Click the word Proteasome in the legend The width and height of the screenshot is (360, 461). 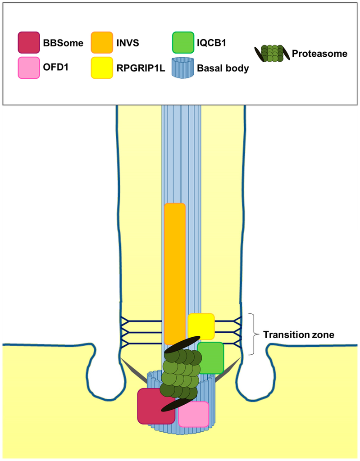(x=319, y=54)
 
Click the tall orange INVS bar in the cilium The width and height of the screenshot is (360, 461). (x=175, y=270)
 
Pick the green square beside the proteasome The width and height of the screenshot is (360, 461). (x=210, y=358)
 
